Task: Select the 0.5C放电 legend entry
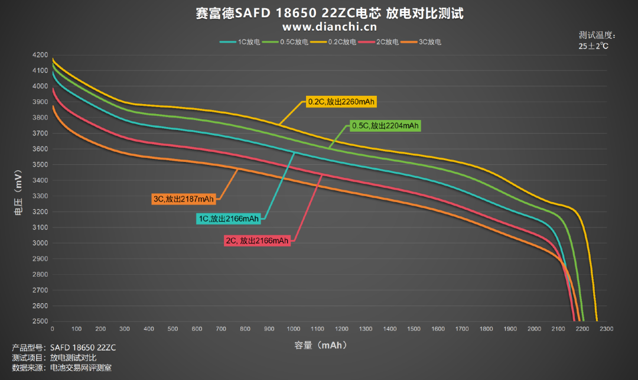click(285, 42)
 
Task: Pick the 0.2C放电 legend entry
click(333, 42)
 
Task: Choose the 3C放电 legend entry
click(421, 42)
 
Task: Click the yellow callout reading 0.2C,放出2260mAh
click(341, 102)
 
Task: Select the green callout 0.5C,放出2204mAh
click(385, 126)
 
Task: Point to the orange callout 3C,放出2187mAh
click(184, 199)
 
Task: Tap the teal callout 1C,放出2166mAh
click(229, 219)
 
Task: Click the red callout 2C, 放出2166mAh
click(257, 241)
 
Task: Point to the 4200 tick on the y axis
click(40, 55)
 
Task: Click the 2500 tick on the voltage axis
click(40, 321)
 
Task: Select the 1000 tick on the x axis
click(294, 329)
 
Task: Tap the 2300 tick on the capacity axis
click(606, 329)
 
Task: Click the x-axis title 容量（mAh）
click(321, 345)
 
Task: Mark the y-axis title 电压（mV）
click(18, 193)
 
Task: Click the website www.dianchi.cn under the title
click(330, 27)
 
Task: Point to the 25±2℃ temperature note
click(594, 46)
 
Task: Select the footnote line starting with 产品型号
click(64, 348)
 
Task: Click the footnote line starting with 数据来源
click(61, 368)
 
